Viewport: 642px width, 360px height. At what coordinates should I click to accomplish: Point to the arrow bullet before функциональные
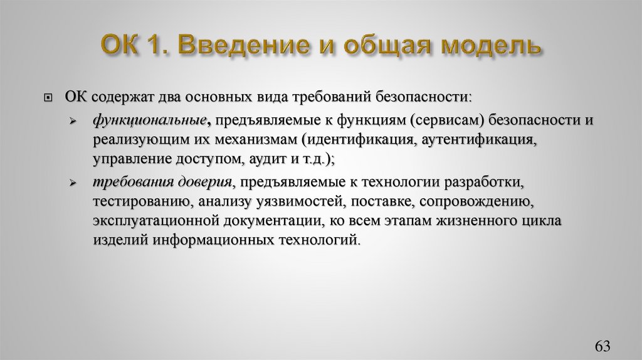click(73, 120)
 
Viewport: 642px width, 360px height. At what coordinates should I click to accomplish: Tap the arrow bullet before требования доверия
click(73, 183)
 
